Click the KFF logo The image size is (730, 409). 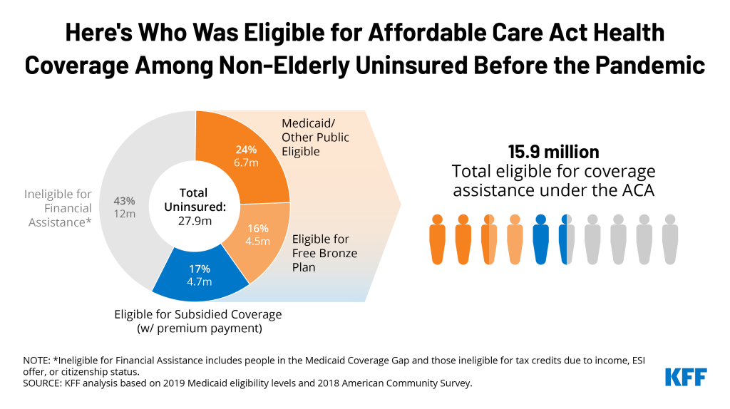point(686,376)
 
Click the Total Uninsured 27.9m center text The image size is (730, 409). point(194,207)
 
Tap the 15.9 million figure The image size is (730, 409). point(553,152)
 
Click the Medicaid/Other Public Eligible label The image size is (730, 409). point(315,137)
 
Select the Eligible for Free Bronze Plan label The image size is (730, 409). point(324,254)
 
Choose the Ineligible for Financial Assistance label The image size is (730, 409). point(58,208)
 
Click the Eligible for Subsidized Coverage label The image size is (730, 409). point(198,320)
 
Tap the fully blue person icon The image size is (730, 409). point(540,239)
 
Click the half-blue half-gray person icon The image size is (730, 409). point(567,239)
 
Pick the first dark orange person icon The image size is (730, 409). point(437,239)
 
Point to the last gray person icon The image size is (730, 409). point(669,239)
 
